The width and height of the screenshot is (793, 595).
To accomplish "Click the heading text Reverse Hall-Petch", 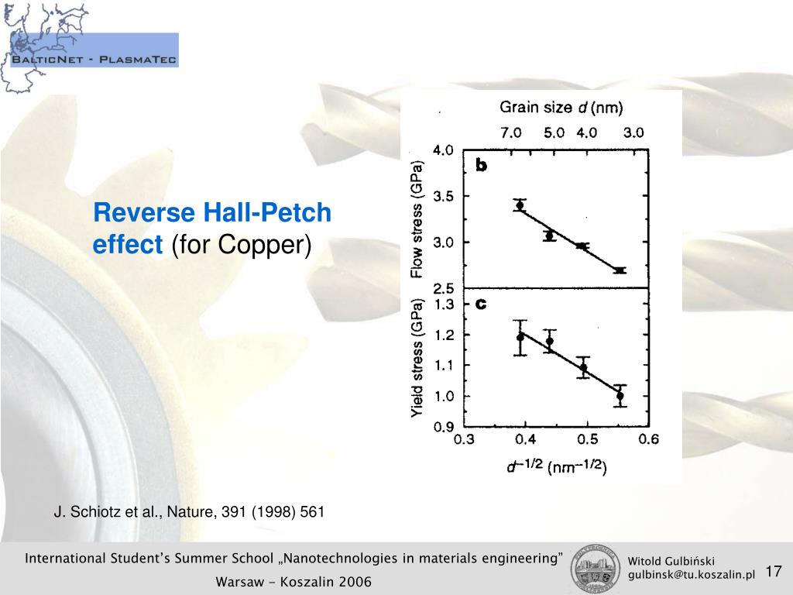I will click(x=212, y=213).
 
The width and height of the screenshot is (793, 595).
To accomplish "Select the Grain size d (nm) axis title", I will click(x=561, y=107).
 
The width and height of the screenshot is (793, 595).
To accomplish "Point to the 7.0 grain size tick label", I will click(x=510, y=132).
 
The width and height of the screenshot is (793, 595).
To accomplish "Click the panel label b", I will click(x=481, y=165).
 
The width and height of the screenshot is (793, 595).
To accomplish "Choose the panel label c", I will click(x=481, y=304).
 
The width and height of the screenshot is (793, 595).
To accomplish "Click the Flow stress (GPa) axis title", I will click(x=417, y=220).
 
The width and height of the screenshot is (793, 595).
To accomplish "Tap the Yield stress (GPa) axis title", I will click(x=417, y=359).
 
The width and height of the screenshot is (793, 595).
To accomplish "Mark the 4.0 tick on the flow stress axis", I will click(x=442, y=151).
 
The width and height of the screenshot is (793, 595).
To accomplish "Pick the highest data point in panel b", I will click(x=520, y=205).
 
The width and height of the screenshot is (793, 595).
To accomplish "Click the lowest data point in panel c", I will click(x=620, y=396).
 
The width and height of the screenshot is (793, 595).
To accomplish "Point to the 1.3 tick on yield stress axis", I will click(x=444, y=304).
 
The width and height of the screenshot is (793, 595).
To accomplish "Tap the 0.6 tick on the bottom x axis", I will click(x=649, y=440).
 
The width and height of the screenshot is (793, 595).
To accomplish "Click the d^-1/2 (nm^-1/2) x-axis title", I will click(x=556, y=466).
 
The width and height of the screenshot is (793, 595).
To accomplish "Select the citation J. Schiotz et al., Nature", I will click(x=189, y=512).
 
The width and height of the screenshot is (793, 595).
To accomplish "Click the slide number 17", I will click(x=773, y=572).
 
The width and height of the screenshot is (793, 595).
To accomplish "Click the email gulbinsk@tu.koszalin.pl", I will click(x=691, y=575).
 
